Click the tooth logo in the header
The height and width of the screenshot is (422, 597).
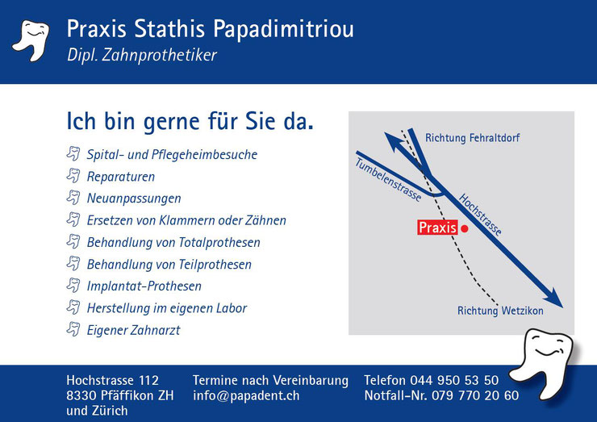(x=31, y=40)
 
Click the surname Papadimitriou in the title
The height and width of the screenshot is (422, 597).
(x=283, y=29)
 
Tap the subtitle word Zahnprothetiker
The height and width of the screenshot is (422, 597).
(x=159, y=55)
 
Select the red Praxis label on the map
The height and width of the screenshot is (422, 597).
(x=437, y=228)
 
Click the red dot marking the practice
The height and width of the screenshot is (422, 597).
(x=465, y=228)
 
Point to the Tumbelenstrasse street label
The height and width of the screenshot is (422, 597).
(x=388, y=179)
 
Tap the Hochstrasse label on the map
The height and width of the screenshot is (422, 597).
(x=480, y=215)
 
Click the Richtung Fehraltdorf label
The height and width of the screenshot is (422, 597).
(x=472, y=137)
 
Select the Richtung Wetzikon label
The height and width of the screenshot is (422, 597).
(x=500, y=311)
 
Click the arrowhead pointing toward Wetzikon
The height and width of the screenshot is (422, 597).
(x=553, y=298)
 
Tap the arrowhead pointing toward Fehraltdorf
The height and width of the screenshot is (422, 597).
(x=395, y=142)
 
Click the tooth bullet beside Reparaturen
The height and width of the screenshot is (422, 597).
(x=73, y=176)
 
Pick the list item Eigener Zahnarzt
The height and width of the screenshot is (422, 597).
(x=133, y=330)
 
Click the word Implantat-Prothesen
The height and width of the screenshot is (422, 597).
(x=144, y=286)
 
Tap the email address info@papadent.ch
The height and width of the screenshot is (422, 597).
(x=246, y=395)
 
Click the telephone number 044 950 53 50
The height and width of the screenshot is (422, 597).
(x=454, y=380)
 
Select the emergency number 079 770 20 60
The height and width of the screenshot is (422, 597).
(x=475, y=395)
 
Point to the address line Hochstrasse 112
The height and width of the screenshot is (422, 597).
(x=112, y=380)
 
